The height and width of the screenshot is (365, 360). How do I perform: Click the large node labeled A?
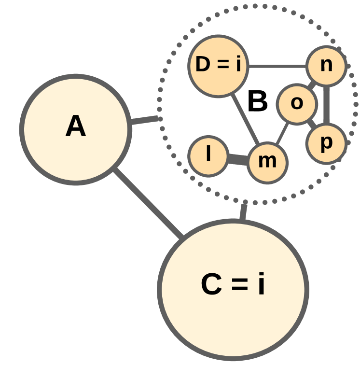(76, 129)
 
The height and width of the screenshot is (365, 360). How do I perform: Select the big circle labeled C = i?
(233, 290)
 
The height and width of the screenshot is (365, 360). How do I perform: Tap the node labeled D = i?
(218, 66)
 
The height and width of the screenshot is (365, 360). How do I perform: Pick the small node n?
(327, 66)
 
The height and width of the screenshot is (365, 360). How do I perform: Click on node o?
(297, 104)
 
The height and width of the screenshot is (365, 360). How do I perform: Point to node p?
(326, 143)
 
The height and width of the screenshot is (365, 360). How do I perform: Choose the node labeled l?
(208, 155)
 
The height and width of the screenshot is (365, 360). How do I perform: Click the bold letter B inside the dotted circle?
(257, 102)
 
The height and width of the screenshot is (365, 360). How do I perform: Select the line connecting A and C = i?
(148, 203)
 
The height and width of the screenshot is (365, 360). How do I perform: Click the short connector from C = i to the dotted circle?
(243, 212)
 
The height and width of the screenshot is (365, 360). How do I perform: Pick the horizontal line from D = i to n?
(277, 66)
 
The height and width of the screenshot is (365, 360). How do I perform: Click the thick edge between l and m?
(237, 159)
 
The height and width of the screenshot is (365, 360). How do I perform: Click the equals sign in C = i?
(239, 286)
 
